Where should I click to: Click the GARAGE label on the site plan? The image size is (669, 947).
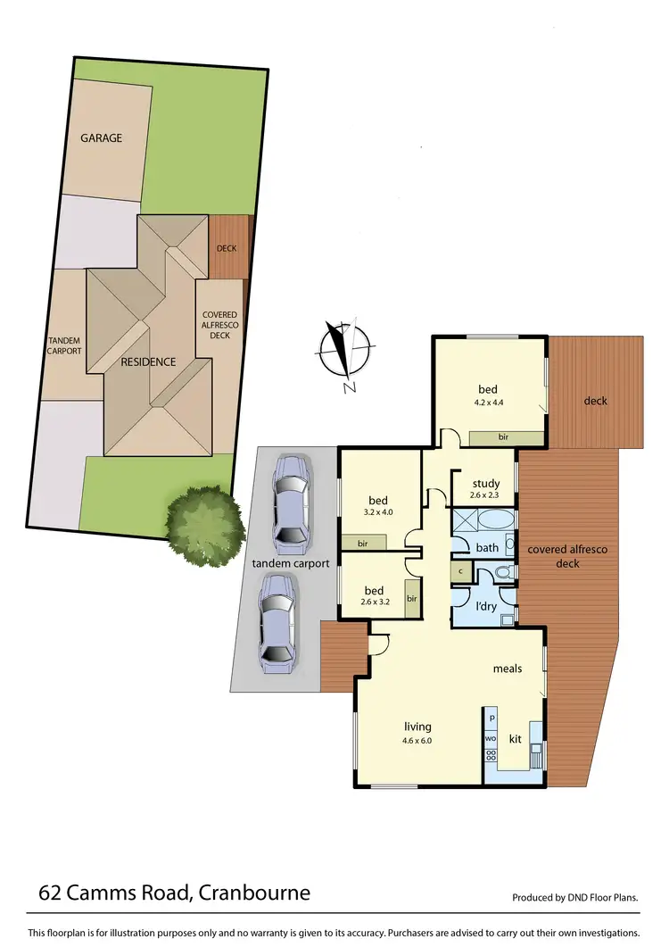(x=101, y=138)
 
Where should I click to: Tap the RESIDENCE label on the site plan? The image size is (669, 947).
(x=149, y=361)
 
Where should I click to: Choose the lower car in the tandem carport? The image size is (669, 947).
(x=278, y=622)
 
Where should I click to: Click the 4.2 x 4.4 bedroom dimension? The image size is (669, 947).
(x=488, y=403)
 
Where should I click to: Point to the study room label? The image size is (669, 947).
(x=486, y=484)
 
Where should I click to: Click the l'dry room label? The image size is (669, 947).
(x=485, y=606)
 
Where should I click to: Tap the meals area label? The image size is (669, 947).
(x=508, y=668)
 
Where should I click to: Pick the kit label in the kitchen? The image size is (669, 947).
(x=515, y=739)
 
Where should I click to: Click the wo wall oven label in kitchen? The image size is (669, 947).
(x=491, y=738)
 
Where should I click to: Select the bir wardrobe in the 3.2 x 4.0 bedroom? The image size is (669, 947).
(x=362, y=543)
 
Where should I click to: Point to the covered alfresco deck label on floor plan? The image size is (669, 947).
(x=567, y=556)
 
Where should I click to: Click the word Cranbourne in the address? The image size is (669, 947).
(x=256, y=893)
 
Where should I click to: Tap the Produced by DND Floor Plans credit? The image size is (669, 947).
(x=575, y=898)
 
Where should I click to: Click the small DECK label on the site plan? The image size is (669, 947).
(x=227, y=248)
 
